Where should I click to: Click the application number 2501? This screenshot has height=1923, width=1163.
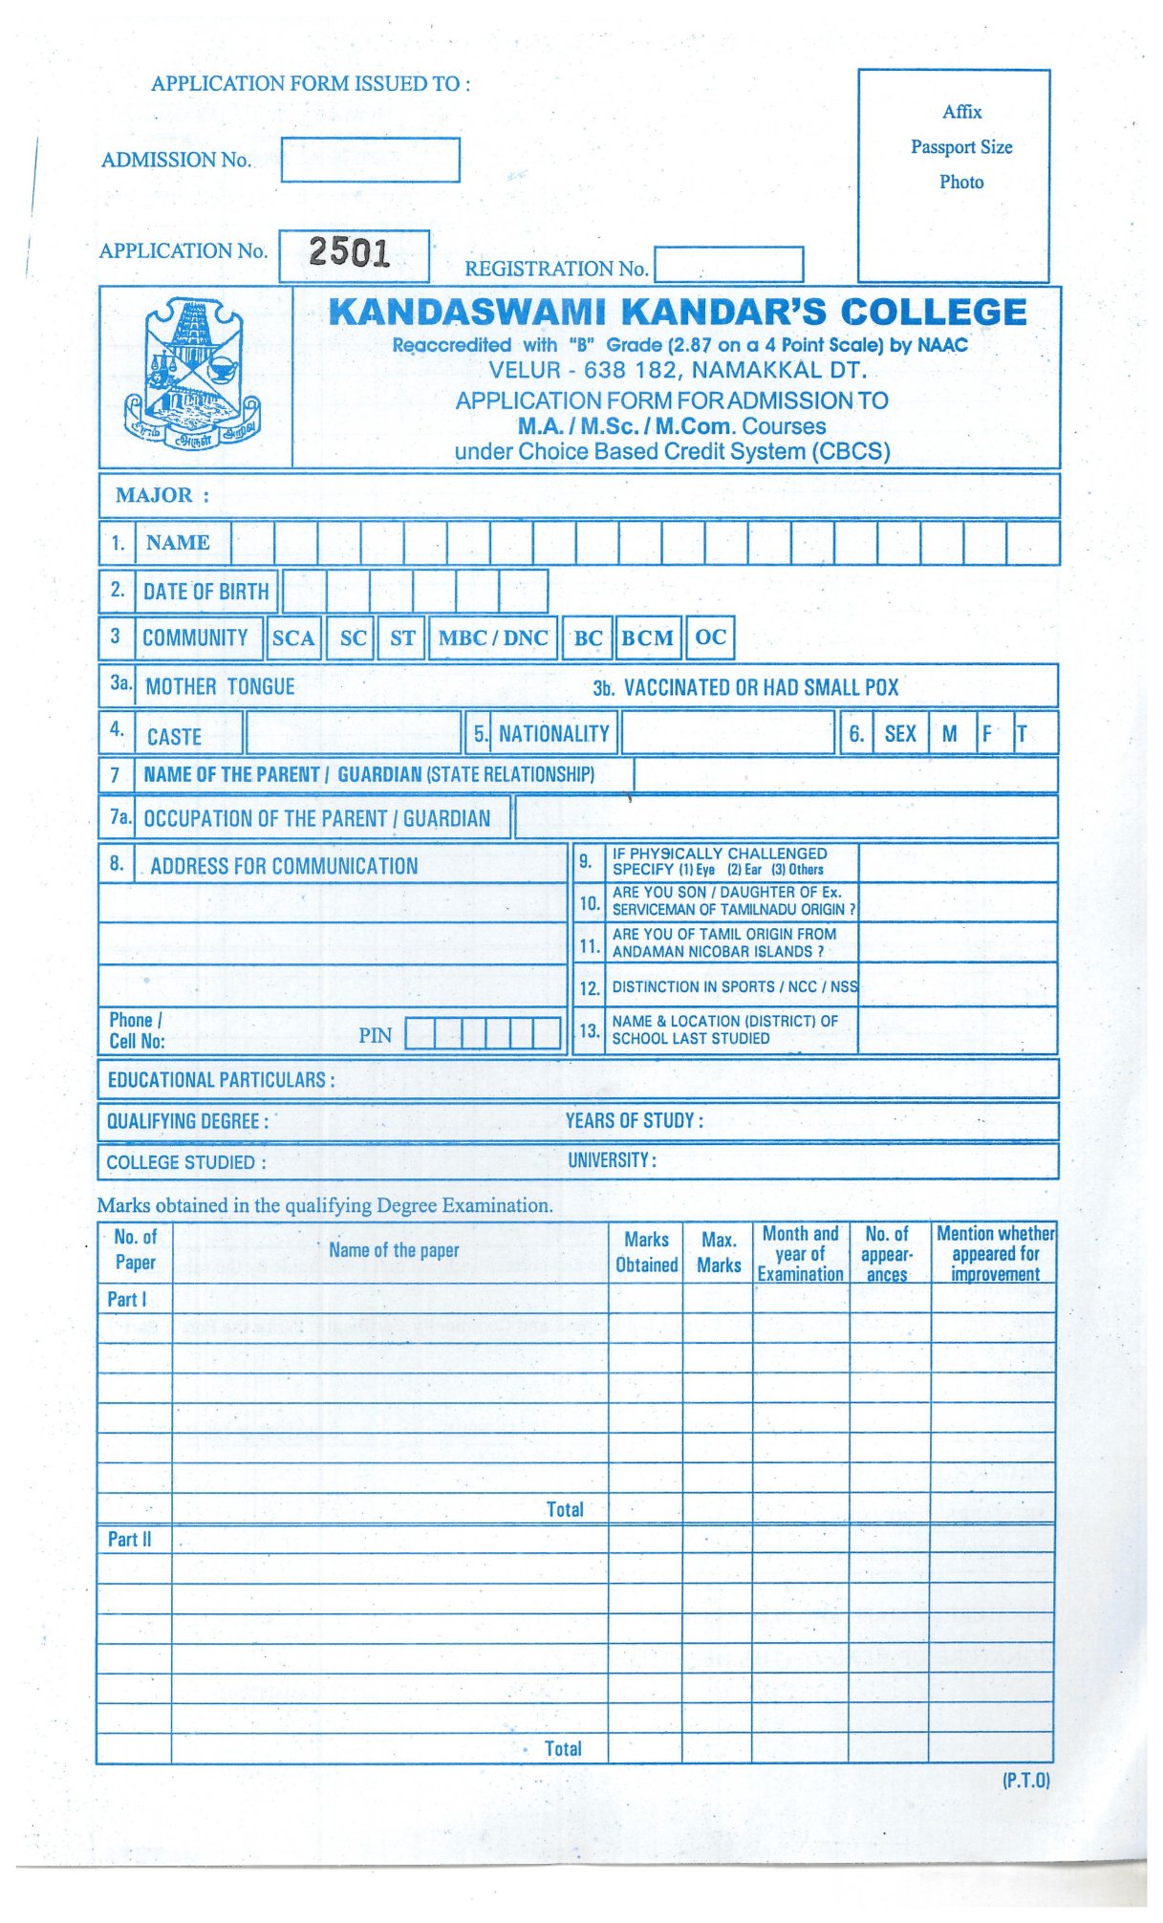point(350,252)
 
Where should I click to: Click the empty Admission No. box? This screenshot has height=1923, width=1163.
point(370,160)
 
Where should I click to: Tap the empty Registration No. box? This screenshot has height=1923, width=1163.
point(728,265)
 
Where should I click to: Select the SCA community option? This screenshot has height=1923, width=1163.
point(293,638)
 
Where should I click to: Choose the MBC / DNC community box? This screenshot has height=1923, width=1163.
point(493,638)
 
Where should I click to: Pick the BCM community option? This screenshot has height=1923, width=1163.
point(648,638)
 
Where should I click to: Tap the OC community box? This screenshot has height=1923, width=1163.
point(710,637)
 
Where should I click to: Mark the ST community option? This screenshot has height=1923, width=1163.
point(402,638)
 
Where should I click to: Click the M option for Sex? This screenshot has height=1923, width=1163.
point(950,734)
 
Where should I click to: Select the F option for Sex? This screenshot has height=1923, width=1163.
point(988,734)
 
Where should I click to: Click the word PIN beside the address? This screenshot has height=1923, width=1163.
point(376,1036)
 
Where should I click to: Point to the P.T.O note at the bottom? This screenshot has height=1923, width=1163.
point(1025,1781)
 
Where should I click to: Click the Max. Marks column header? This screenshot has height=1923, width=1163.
point(719,1252)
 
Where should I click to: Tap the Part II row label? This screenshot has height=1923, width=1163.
point(129,1540)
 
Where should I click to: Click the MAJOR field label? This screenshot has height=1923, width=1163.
point(162,495)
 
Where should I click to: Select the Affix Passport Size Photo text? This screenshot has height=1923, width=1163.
point(961,146)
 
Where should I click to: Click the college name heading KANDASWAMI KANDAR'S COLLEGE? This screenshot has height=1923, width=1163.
point(678,313)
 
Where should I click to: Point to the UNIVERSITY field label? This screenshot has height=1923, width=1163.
point(612,1160)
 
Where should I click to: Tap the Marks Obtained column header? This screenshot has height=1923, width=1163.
point(647,1252)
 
